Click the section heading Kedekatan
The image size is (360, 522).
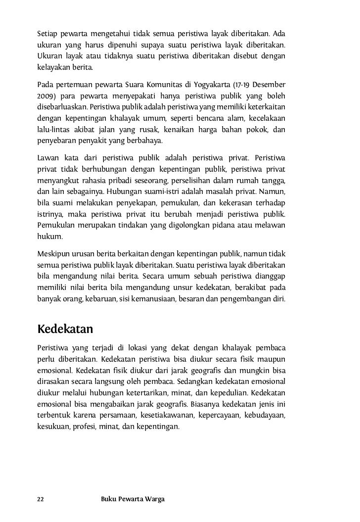click(65, 328)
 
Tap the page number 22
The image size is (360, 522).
click(41, 499)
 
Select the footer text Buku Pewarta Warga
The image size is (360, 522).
click(133, 499)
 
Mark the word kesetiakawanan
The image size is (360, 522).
click(167, 414)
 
